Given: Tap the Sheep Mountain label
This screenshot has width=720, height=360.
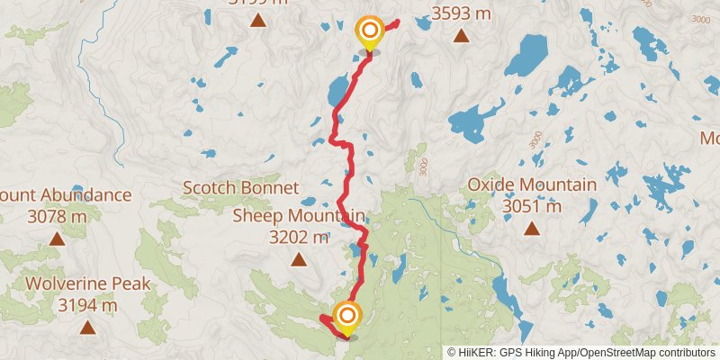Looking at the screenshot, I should point(299,216).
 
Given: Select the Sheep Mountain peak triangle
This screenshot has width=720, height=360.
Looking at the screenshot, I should point(298,260).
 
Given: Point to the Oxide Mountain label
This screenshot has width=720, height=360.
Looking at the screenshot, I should point(532,185).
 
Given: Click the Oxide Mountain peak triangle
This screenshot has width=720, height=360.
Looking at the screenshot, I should point(532,229).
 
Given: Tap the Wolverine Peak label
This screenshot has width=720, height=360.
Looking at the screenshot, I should point(87,284).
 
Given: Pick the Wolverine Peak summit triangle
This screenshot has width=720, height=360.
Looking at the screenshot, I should point(87,328).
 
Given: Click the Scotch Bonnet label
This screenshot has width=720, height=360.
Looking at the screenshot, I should point(240,188).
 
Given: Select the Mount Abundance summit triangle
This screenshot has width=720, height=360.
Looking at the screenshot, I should point(58,238).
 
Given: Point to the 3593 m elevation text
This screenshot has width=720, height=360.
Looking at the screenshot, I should point(461,13).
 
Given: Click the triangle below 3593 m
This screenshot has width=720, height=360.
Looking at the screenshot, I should point(461,36).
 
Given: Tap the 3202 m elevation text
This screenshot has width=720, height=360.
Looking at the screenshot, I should point(299,238).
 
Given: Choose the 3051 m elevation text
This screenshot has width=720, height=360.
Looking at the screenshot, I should point(532,206).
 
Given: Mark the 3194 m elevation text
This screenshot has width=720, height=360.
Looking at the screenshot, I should point(87,306).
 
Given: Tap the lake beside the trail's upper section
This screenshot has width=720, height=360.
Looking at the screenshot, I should point(338,90).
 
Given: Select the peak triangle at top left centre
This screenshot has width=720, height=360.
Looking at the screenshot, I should point(258,21).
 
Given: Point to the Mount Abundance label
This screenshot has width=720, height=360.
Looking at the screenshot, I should point(65,195).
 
